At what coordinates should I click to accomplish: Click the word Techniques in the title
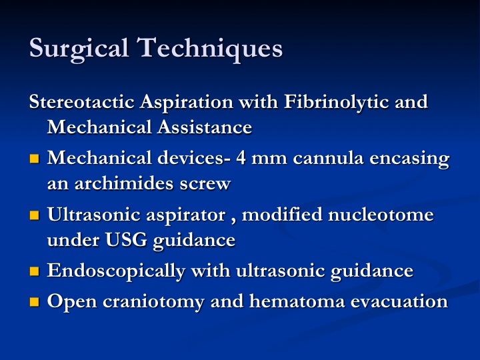click(210, 49)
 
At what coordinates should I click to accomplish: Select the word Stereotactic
click(82, 101)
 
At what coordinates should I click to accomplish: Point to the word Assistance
click(205, 127)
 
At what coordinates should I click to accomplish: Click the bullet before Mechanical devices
click(35, 159)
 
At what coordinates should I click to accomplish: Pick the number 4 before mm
click(241, 158)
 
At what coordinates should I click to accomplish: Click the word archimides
click(124, 183)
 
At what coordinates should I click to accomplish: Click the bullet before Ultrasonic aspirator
click(35, 215)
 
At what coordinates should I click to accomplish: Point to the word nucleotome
click(381, 214)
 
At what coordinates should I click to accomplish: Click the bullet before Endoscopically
click(35, 271)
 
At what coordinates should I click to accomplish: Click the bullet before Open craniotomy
click(35, 302)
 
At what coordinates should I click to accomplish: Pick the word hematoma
click(297, 301)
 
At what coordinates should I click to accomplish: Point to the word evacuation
click(399, 302)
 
